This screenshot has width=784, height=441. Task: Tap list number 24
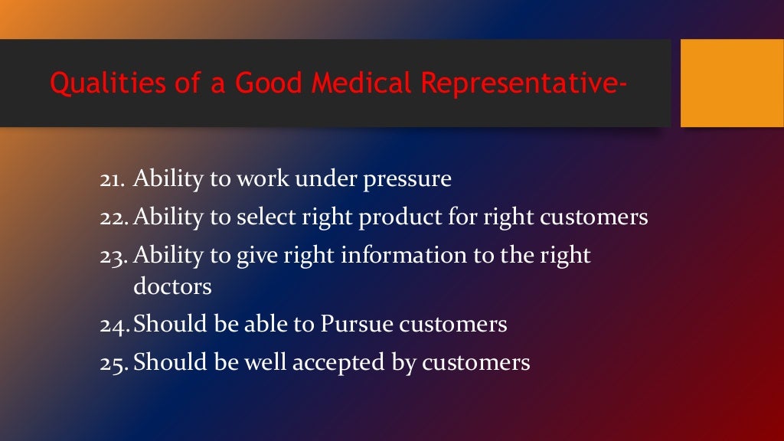[x=114, y=325]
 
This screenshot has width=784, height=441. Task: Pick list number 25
[x=114, y=362]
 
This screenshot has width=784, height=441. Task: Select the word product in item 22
[x=407, y=218]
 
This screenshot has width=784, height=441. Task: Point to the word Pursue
[x=358, y=325]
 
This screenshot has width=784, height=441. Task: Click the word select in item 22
[x=263, y=218]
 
